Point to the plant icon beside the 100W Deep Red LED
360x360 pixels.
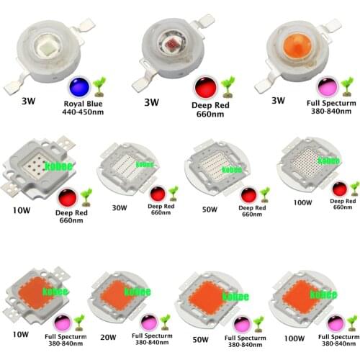coord(353,189)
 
